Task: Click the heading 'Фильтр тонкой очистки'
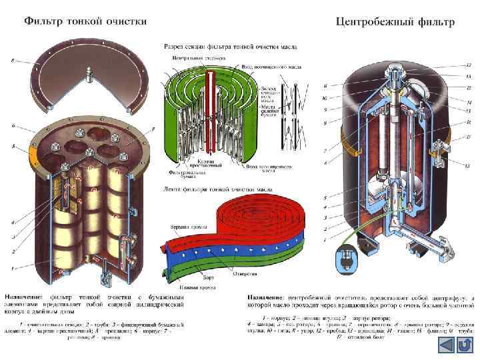click(86, 21)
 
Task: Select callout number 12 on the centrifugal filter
click(468, 65)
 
